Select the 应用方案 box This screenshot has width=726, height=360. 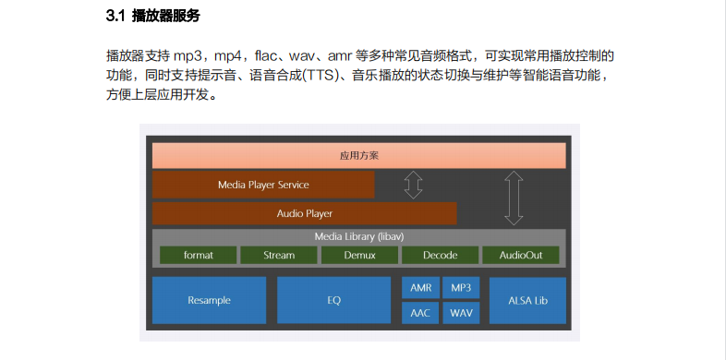[358, 155]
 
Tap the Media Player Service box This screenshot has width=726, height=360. [263, 185]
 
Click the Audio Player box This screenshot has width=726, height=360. [304, 213]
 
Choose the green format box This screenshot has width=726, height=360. [198, 255]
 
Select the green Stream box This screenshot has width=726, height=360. [278, 255]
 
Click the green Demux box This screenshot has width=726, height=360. [358, 255]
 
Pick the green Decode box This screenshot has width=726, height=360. [440, 255]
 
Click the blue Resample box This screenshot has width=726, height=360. [209, 300]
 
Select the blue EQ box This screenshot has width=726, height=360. [333, 300]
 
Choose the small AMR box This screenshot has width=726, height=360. [420, 288]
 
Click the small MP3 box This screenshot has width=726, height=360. [460, 288]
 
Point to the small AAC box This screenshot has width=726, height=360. [420, 313]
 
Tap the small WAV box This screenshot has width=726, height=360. [460, 313]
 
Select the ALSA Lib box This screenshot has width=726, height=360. [527, 300]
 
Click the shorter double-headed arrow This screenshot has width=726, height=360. [413, 185]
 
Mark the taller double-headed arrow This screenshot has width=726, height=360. [514, 198]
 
